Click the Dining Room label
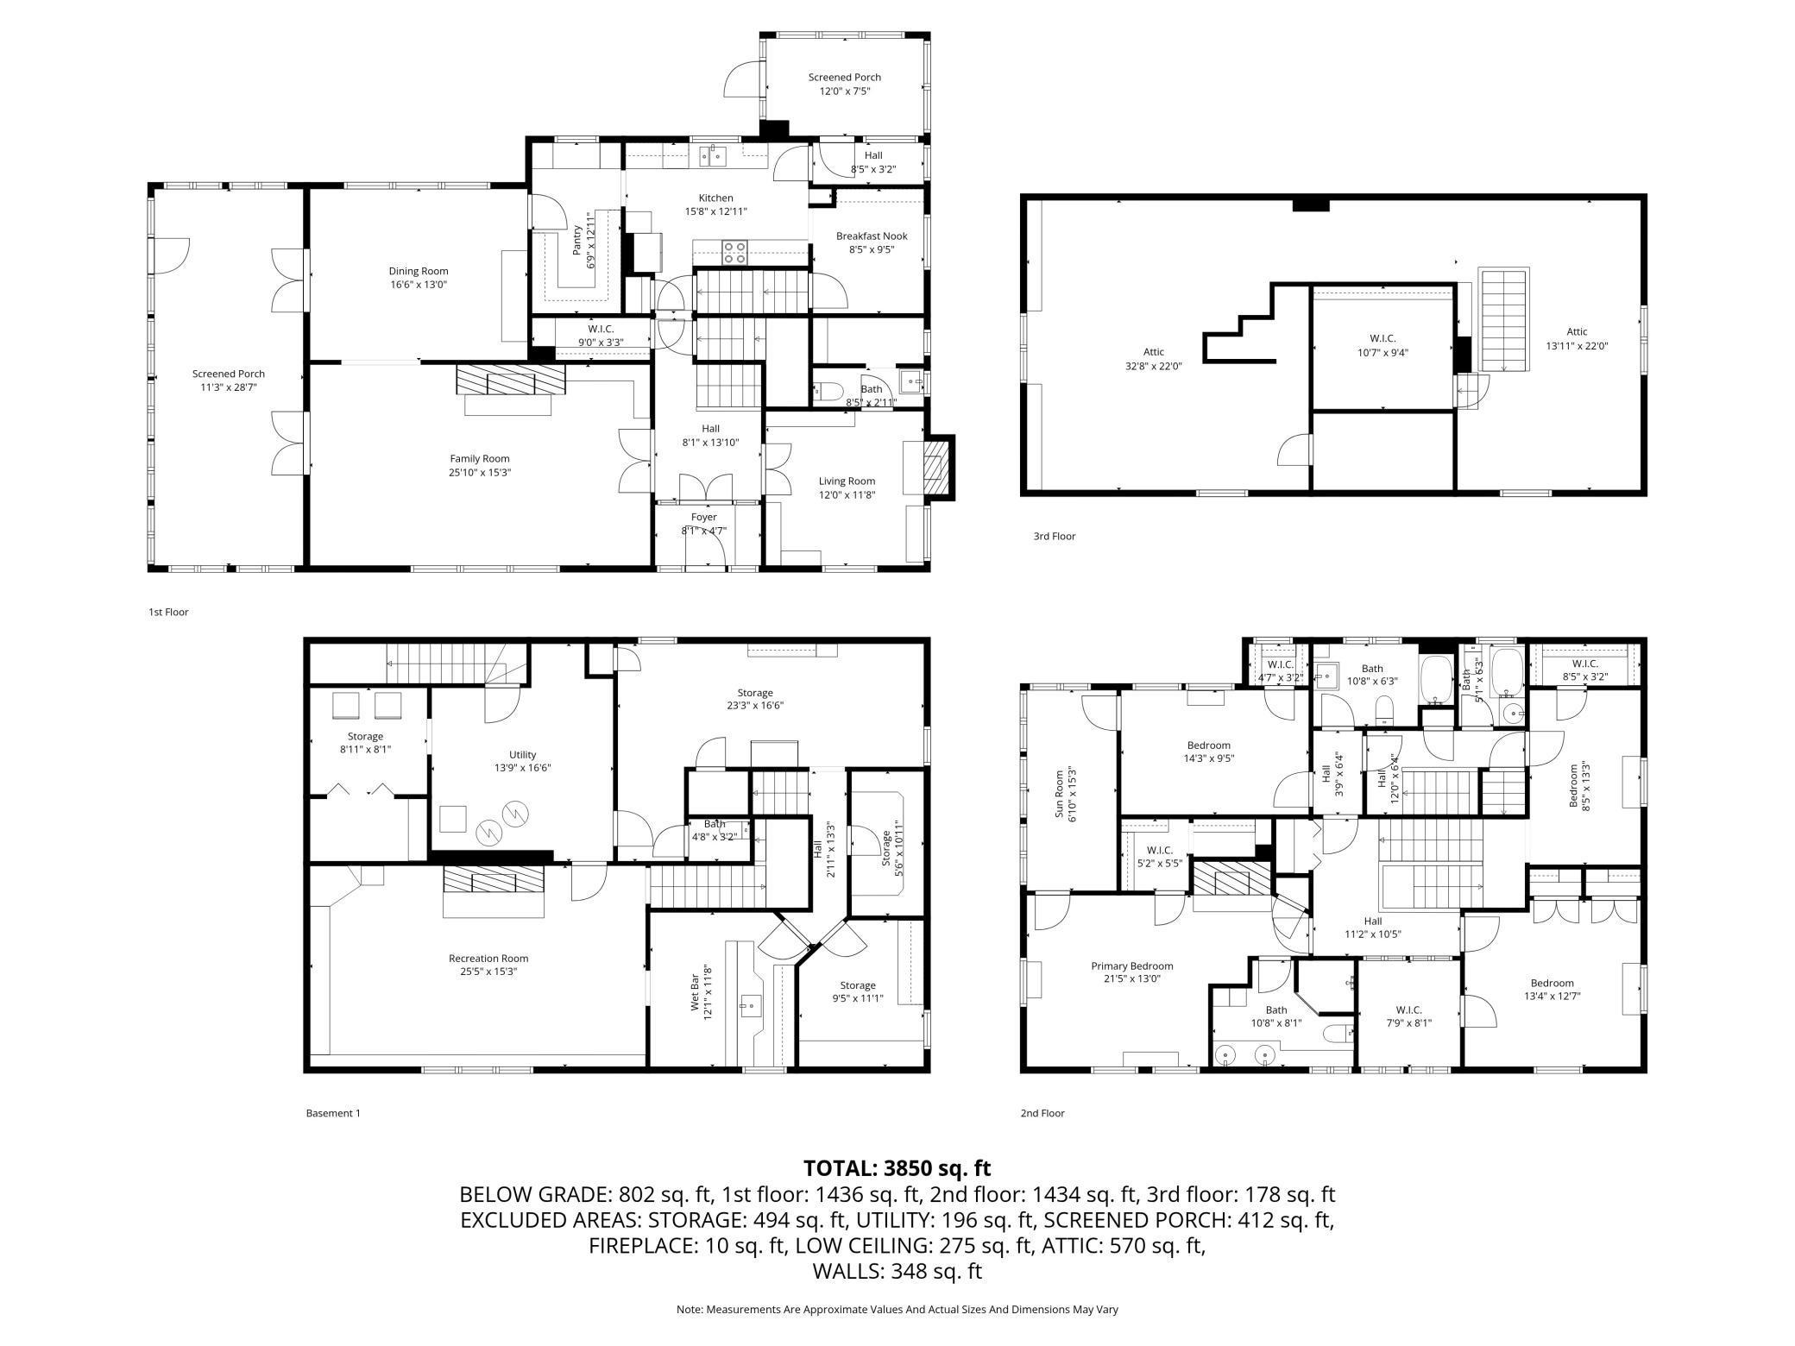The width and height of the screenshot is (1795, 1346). coord(419,271)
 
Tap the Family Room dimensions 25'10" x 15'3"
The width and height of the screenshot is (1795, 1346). coord(480,473)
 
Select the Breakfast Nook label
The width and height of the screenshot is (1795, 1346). coord(872,236)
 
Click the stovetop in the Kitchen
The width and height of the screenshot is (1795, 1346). coord(735,252)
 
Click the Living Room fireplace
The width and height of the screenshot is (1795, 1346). coord(936,467)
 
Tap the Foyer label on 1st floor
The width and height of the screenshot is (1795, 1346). coord(704,518)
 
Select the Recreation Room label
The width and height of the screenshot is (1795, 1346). coord(488,959)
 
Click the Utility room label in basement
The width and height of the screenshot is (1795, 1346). coord(523,755)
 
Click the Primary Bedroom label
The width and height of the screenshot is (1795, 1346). coord(1132,966)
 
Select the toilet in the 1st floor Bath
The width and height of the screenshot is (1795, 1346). coord(829,392)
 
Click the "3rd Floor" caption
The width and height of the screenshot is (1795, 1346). coord(1055,537)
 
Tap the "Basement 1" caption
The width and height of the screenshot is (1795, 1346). coord(333,1113)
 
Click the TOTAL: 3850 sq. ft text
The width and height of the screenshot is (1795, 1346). coord(897,1168)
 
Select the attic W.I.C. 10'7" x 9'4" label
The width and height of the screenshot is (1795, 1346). coord(1382,345)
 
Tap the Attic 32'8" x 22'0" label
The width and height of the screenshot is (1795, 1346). coord(1153,359)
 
